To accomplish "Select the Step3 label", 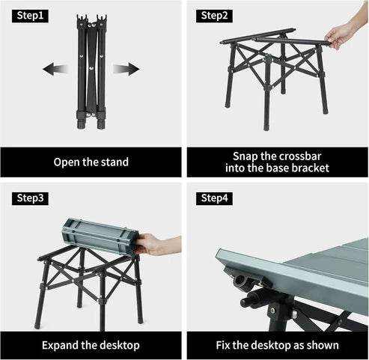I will click(x=30, y=198).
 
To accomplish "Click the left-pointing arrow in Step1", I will click(x=57, y=70).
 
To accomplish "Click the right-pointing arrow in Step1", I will click(x=126, y=70).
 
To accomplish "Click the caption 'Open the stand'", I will click(x=91, y=162).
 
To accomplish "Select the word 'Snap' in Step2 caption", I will click(x=246, y=155).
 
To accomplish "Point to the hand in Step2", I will click(x=341, y=34).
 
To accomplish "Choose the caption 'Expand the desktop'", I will click(x=91, y=345).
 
